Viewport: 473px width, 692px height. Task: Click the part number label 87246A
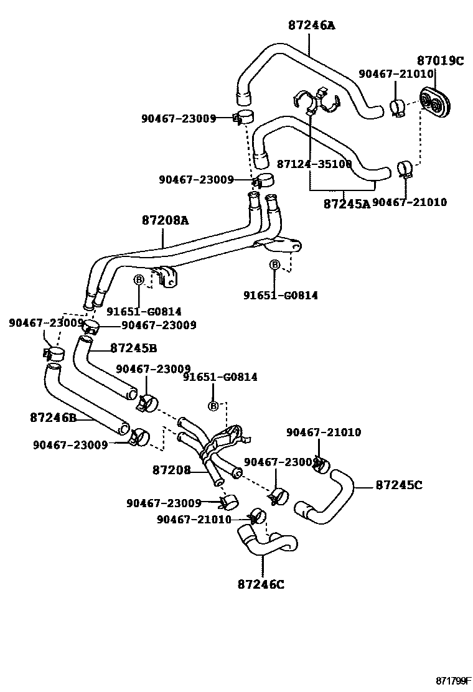(311, 26)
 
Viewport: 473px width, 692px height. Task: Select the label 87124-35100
(315, 164)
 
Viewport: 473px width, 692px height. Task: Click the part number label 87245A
(347, 203)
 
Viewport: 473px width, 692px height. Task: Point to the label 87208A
(165, 220)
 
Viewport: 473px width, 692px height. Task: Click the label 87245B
(134, 348)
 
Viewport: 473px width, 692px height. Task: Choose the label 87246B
(53, 418)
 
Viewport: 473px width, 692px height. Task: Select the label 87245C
(399, 484)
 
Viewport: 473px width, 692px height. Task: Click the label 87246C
(261, 584)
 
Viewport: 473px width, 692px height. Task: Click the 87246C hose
(265, 542)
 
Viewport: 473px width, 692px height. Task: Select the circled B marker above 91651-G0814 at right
(274, 266)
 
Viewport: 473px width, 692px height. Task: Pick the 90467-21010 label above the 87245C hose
(324, 432)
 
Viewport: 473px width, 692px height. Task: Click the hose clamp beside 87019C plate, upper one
(399, 106)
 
